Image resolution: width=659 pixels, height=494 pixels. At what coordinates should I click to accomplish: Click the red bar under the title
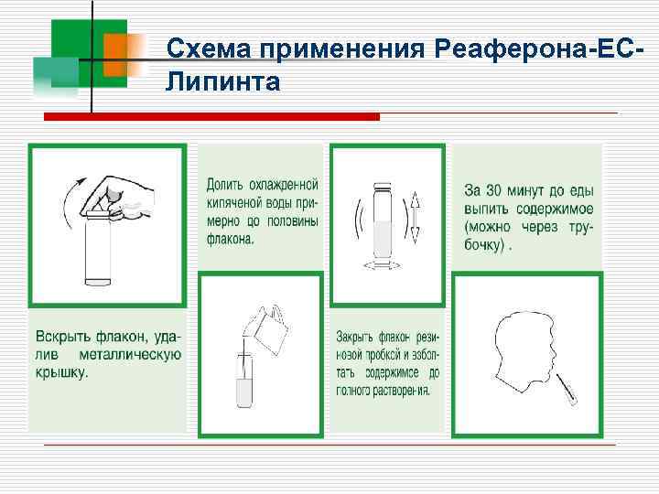click(211, 117)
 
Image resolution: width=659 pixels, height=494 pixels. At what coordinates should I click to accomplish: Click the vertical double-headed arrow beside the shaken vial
click(415, 217)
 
